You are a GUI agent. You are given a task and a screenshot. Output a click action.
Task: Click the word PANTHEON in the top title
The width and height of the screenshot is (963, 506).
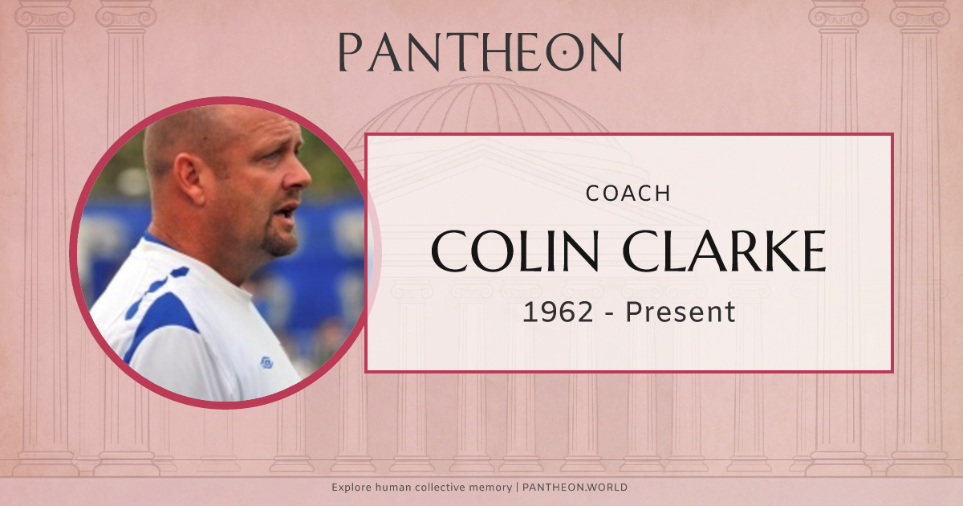point(480,52)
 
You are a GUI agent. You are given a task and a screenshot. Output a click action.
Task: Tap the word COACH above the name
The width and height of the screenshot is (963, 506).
point(628,194)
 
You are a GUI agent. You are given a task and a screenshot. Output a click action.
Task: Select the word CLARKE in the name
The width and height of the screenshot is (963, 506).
point(725,251)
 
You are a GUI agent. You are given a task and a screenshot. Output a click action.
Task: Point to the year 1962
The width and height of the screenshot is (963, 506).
point(558,312)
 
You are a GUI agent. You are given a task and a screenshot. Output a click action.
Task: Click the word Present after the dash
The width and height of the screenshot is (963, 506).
point(681,312)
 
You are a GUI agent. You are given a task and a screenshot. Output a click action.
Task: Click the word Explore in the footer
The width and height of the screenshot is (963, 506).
point(353,488)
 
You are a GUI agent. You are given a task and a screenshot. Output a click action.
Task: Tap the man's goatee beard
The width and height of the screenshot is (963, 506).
point(281,239)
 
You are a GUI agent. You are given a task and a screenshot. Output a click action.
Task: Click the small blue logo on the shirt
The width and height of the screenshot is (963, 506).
point(266,363)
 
